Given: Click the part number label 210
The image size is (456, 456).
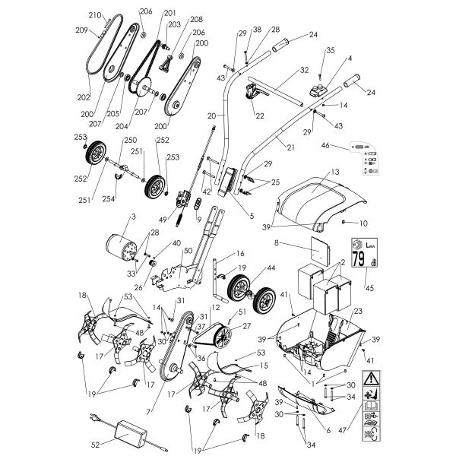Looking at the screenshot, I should click(x=94, y=15).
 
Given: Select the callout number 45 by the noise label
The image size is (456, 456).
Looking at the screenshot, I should click(x=349, y=288).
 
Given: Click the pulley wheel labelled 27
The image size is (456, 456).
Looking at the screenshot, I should click(x=225, y=336).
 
